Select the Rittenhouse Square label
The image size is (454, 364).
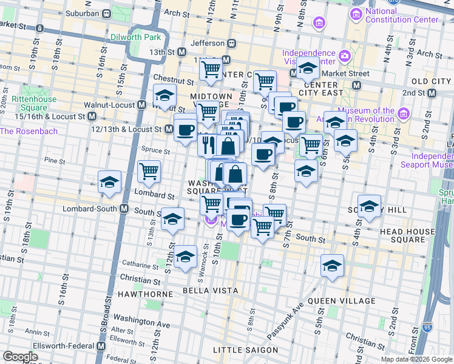[35, 104]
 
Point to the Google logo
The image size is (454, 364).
[21, 356]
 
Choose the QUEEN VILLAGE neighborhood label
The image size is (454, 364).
[341, 301]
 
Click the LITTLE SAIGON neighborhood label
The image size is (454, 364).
[246, 350]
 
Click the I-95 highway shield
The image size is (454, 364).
[428, 326]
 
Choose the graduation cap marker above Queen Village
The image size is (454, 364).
[332, 265]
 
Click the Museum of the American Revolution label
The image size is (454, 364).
[374, 115]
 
